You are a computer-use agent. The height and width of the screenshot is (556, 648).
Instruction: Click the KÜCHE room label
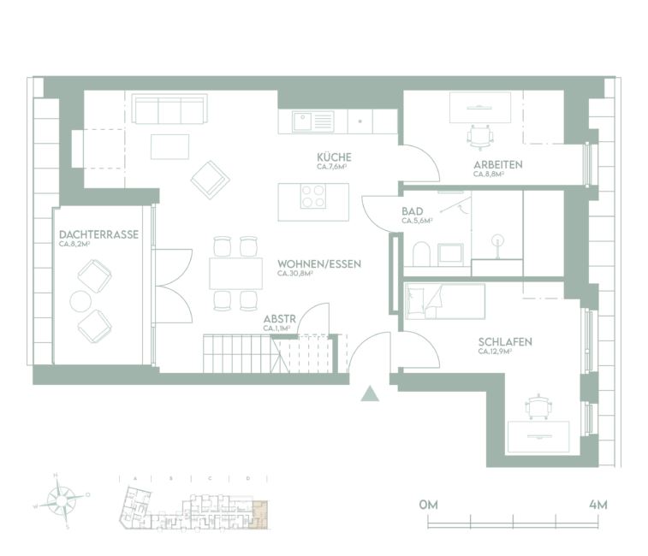(x=334, y=158)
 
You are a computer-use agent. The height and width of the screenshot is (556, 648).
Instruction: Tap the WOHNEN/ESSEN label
(x=319, y=264)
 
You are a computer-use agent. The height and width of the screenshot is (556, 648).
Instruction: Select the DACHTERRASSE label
(x=98, y=234)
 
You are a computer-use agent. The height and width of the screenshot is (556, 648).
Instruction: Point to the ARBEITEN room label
(x=497, y=164)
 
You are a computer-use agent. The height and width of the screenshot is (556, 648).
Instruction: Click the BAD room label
(x=412, y=210)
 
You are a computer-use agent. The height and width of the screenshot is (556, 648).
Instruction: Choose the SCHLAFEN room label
(x=505, y=342)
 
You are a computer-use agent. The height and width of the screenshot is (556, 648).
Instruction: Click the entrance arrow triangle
(x=370, y=393)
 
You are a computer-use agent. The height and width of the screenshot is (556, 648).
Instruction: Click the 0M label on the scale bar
(x=429, y=505)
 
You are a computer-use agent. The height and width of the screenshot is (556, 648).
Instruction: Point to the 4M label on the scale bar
(x=597, y=505)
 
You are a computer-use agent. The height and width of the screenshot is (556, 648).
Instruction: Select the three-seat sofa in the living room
(x=169, y=109)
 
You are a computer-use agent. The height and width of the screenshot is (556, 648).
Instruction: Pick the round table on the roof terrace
(x=80, y=301)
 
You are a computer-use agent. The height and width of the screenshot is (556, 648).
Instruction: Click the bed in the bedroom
(x=445, y=301)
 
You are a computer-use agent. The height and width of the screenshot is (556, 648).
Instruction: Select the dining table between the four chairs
(x=236, y=273)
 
